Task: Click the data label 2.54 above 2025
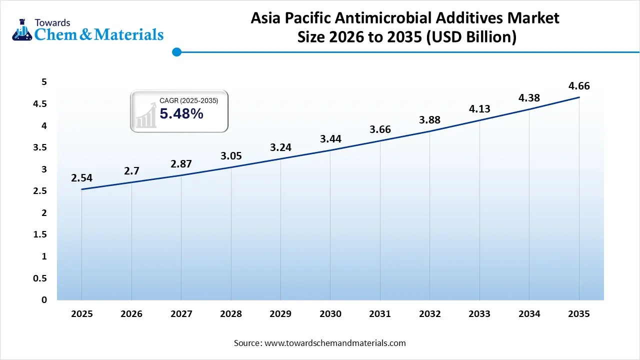pos(81,178)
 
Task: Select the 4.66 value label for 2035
pos(579,86)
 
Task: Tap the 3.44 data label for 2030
pos(330,139)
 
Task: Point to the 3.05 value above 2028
pos(231,156)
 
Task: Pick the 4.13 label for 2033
pos(479,109)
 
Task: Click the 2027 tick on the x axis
pos(181,314)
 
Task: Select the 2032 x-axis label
pos(429,314)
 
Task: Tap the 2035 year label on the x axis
pos(579,314)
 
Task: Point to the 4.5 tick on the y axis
pos(40,104)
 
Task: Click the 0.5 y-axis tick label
pos(40,278)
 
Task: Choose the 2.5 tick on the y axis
pos(40,191)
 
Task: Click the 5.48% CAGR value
pos(181,114)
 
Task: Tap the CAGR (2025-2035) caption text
pos(188,101)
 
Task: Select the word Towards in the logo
pos(52,22)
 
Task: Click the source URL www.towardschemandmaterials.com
pos(334,343)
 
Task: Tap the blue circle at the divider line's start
pos(176,51)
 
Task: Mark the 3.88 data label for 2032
pos(429,120)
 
